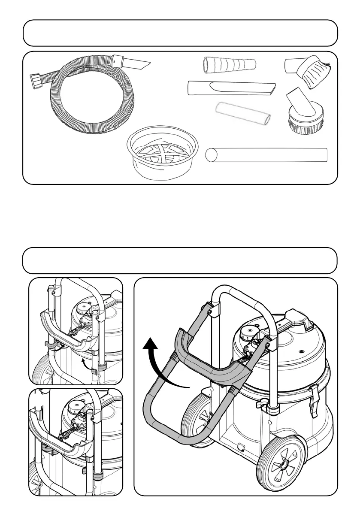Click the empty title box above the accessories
tap(180, 33)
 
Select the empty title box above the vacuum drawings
tap(180, 260)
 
